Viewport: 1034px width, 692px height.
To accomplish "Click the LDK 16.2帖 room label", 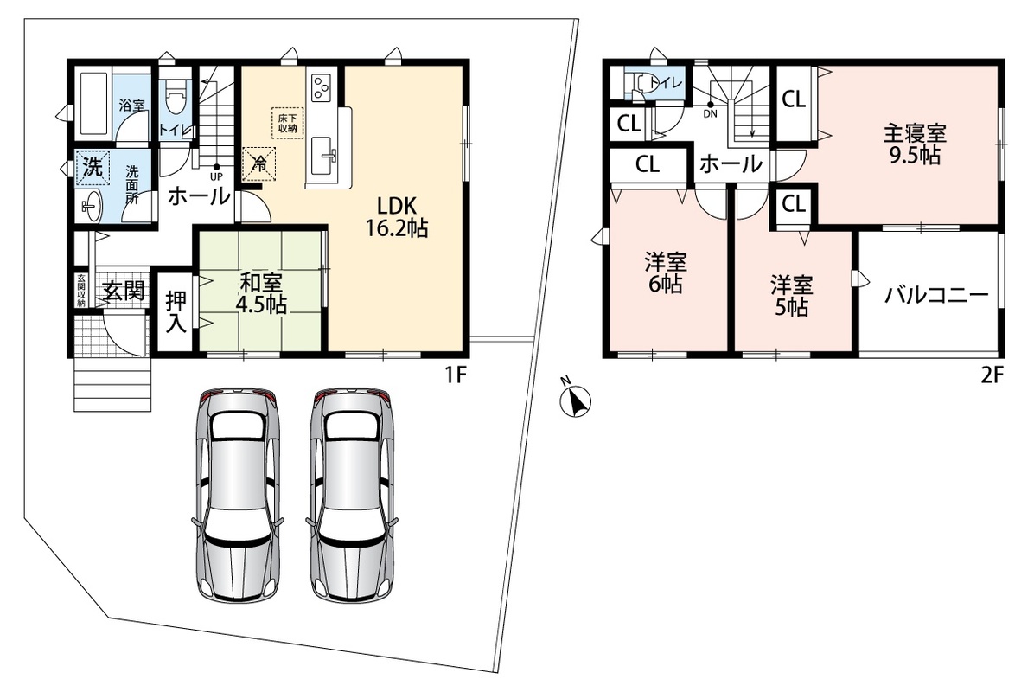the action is (397, 216).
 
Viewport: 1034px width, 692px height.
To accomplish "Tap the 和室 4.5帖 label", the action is (262, 293).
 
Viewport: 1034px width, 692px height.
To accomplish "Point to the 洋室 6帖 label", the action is (666, 273).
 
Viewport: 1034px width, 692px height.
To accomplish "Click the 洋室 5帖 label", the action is (792, 296).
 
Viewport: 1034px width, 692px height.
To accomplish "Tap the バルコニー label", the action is (936, 294).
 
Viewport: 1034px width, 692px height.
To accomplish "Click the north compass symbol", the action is (575, 400).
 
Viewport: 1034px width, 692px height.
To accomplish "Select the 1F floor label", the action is (456, 375).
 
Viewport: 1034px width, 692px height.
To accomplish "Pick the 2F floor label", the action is (992, 375).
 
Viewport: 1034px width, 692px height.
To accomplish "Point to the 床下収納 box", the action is (288, 123).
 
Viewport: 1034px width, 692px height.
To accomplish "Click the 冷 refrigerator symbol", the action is (260, 163).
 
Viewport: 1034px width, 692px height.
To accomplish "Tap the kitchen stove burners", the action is (321, 87).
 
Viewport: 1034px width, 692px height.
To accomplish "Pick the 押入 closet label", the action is (176, 312).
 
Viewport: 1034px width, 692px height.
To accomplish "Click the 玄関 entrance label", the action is (124, 291).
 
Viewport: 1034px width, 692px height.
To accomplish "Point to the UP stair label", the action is (216, 176).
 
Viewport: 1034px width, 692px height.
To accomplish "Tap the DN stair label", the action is (710, 113).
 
